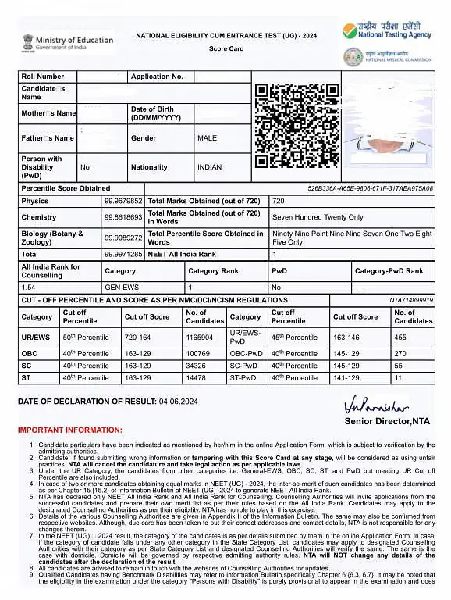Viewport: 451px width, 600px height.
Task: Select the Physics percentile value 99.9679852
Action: (123, 201)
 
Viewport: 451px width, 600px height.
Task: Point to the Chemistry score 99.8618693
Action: (123, 217)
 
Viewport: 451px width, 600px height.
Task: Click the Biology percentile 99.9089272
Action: (123, 237)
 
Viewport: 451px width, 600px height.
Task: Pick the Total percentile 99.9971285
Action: (123, 255)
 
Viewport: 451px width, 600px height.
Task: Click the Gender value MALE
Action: (207, 138)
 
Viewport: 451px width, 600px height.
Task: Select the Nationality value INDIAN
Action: (209, 167)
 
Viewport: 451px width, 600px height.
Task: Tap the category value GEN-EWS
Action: (121, 287)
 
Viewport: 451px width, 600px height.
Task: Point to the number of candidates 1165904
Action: (199, 337)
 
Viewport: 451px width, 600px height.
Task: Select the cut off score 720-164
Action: (141, 337)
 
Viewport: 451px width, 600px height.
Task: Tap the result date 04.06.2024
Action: (179, 402)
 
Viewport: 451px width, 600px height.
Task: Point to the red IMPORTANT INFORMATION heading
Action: (69, 430)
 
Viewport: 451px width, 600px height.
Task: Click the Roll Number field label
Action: (43, 77)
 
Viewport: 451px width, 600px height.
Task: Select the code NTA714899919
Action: (411, 300)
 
